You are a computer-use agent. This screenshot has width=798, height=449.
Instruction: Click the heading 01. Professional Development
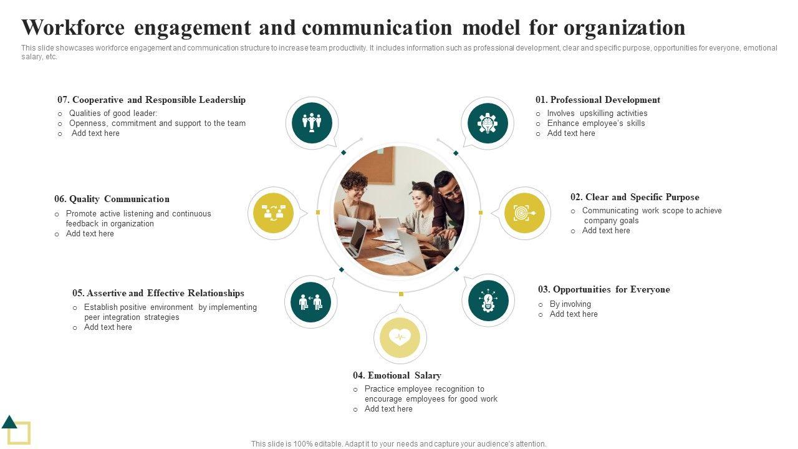click(x=597, y=100)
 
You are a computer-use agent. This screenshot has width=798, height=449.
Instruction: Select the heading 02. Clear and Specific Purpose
click(x=635, y=197)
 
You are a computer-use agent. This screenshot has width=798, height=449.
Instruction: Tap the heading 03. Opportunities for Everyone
click(x=603, y=289)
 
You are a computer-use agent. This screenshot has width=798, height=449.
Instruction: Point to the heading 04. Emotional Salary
click(x=397, y=375)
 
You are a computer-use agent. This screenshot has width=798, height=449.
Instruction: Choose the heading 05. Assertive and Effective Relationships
click(x=158, y=293)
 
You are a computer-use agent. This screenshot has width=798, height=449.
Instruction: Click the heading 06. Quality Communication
click(x=112, y=199)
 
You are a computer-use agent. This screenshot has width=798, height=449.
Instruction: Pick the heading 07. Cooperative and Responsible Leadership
click(x=151, y=100)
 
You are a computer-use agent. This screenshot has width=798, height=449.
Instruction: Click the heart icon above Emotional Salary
click(x=400, y=337)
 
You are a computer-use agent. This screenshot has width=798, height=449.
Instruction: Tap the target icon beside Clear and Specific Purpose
click(x=524, y=213)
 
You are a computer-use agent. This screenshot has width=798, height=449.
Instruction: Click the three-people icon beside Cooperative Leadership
click(x=312, y=123)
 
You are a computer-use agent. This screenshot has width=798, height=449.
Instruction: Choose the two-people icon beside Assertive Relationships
click(x=310, y=302)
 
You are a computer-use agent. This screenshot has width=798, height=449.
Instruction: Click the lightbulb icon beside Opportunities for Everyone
click(x=488, y=301)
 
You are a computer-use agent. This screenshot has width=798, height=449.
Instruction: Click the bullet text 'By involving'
click(x=570, y=304)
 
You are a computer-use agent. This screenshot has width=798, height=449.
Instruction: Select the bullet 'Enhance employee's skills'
click(x=595, y=123)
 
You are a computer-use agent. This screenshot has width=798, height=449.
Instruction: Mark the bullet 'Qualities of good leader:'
click(x=113, y=113)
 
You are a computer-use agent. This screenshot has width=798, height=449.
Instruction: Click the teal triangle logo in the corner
click(x=9, y=422)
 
